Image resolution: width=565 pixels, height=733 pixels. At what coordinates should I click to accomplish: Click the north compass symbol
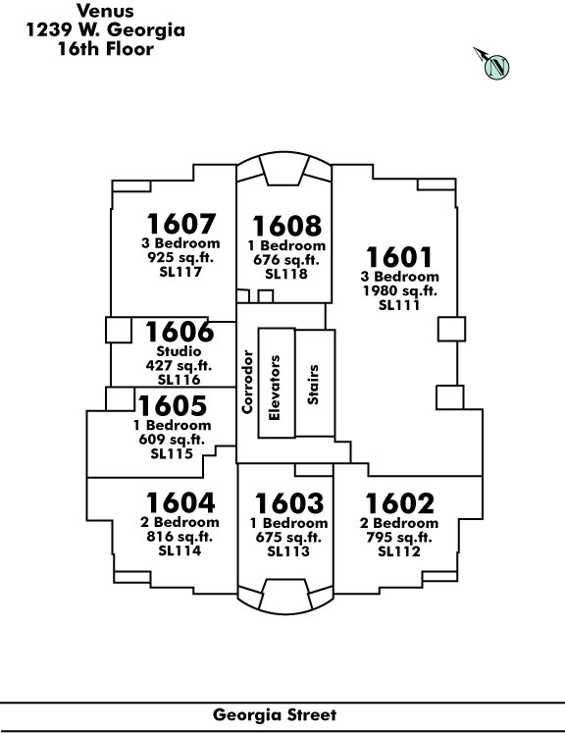493,65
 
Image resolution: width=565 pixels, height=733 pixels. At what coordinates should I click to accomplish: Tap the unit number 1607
180,224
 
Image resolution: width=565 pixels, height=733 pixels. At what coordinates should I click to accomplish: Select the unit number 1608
287,227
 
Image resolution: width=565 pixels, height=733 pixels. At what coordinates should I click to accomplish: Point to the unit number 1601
399,257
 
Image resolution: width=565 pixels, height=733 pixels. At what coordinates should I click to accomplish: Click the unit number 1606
180,332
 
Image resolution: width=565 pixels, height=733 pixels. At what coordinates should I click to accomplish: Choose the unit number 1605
172,406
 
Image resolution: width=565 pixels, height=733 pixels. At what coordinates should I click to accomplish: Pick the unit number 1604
180,503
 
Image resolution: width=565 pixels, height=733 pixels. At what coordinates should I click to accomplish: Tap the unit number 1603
288,504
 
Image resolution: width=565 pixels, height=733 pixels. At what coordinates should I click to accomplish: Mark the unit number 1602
399,504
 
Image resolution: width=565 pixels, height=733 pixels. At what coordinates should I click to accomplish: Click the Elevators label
275,388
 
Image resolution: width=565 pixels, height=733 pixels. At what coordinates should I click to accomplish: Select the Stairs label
313,385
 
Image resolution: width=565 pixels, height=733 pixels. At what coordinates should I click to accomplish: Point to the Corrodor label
247,382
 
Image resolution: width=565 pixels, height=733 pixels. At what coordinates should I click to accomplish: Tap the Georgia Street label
275,714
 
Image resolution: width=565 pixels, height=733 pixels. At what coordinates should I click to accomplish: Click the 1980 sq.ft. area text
400,290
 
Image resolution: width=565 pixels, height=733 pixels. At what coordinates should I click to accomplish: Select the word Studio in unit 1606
179,351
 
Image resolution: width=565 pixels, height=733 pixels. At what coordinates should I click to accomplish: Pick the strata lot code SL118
286,274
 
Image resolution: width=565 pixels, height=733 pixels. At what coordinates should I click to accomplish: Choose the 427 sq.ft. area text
179,365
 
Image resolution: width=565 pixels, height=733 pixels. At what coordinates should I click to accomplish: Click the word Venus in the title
105,11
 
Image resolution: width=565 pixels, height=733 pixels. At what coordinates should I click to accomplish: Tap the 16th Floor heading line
106,49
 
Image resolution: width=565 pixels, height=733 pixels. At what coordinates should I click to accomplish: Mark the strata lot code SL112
399,551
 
